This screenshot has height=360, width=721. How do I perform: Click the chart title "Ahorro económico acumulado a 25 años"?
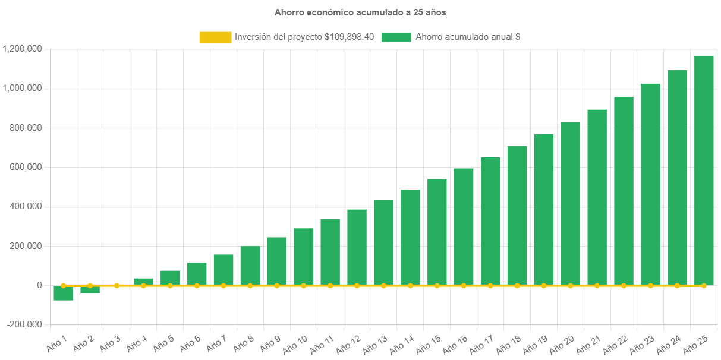[360, 12]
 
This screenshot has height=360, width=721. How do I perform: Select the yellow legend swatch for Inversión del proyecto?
[215, 37]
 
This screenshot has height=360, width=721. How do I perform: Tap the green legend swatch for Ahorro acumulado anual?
[396, 37]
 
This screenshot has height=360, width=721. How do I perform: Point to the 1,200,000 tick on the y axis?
[22, 49]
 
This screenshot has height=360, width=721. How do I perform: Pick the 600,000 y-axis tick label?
[27, 167]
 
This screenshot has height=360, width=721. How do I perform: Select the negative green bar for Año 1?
[63, 293]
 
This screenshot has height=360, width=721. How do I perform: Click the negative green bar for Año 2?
[90, 289]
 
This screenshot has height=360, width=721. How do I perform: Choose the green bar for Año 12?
[357, 247]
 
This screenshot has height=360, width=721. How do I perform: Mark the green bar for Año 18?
[517, 215]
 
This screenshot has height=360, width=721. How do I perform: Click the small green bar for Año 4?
[143, 281]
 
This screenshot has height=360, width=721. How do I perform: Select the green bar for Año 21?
[597, 197]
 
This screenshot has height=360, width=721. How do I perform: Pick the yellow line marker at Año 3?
[117, 286]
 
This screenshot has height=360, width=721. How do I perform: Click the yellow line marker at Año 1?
[63, 285]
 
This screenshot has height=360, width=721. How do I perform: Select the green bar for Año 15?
[437, 232]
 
